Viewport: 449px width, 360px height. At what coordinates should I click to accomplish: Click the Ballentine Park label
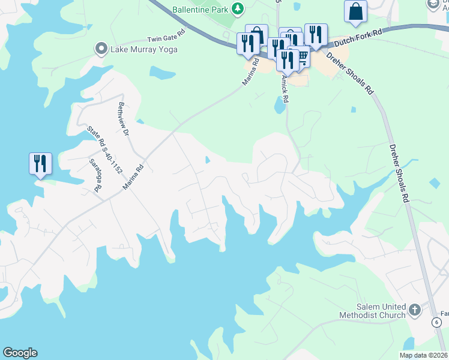200,9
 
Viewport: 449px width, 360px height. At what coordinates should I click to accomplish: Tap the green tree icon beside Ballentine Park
238,9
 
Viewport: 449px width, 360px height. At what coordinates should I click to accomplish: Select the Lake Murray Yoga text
143,49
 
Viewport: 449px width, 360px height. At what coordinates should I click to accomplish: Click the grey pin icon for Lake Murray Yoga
101,49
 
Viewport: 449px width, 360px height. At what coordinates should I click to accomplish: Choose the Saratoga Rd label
95,175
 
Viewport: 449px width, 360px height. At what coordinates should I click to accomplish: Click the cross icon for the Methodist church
415,310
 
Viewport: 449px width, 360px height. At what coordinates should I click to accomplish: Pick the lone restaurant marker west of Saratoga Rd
40,163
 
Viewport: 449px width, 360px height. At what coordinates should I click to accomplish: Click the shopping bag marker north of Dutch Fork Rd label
355,11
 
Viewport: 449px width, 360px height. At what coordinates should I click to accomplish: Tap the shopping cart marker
301,57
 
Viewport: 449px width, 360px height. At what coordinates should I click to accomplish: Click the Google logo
20,353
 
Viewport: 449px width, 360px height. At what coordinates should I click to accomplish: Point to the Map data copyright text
423,355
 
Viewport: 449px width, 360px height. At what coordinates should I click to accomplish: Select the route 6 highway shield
436,322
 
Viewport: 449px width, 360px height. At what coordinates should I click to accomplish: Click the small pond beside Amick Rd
279,106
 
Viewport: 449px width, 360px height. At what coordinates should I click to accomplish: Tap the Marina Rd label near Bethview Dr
134,177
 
